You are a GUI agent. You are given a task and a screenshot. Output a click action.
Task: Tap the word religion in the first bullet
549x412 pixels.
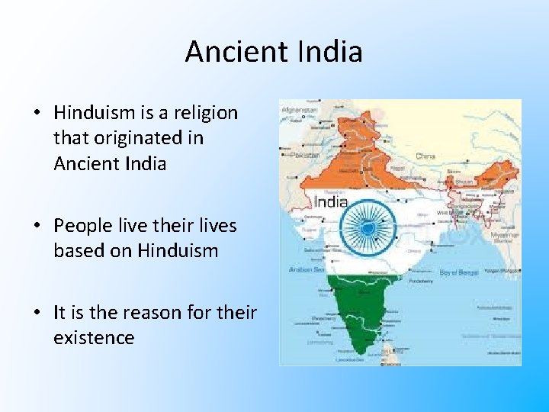click(207, 113)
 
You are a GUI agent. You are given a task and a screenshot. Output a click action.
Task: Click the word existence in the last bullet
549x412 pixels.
click(94, 337)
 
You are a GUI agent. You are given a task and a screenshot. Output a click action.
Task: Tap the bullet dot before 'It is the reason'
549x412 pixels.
click(37, 313)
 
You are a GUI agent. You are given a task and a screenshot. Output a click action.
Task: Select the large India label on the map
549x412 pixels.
click(331, 202)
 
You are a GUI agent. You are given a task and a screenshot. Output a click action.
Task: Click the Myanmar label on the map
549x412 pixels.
click(503, 235)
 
